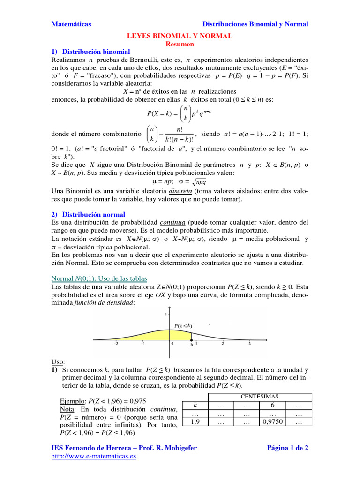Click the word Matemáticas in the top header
click(x=71, y=24)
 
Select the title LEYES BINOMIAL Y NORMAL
click(x=180, y=36)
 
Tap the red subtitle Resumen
click(x=180, y=44)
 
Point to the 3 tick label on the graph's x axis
click(x=249, y=344)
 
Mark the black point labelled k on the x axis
click(x=191, y=340)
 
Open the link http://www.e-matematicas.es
click(x=93, y=456)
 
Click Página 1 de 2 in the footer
click(x=287, y=448)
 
